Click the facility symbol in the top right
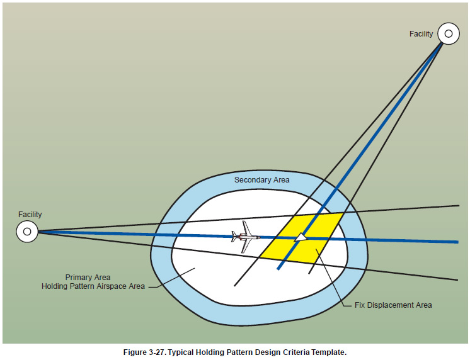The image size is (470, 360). coord(449,33)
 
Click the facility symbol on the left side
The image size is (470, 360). coord(26,232)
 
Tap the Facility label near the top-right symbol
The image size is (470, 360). coord(421,34)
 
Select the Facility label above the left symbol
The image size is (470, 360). coord(30,215)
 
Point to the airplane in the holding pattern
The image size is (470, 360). coord(246,237)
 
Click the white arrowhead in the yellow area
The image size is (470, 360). coord(302,237)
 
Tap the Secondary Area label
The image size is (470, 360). coord(262,180)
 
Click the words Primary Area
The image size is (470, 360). coord(88,277)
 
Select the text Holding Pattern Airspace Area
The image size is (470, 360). coord(93,286)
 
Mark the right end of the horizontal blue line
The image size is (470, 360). coord(457,242)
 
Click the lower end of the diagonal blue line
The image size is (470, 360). coord(278,268)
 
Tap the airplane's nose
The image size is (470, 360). coord(258,237)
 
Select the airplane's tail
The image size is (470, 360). coord(234,237)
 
